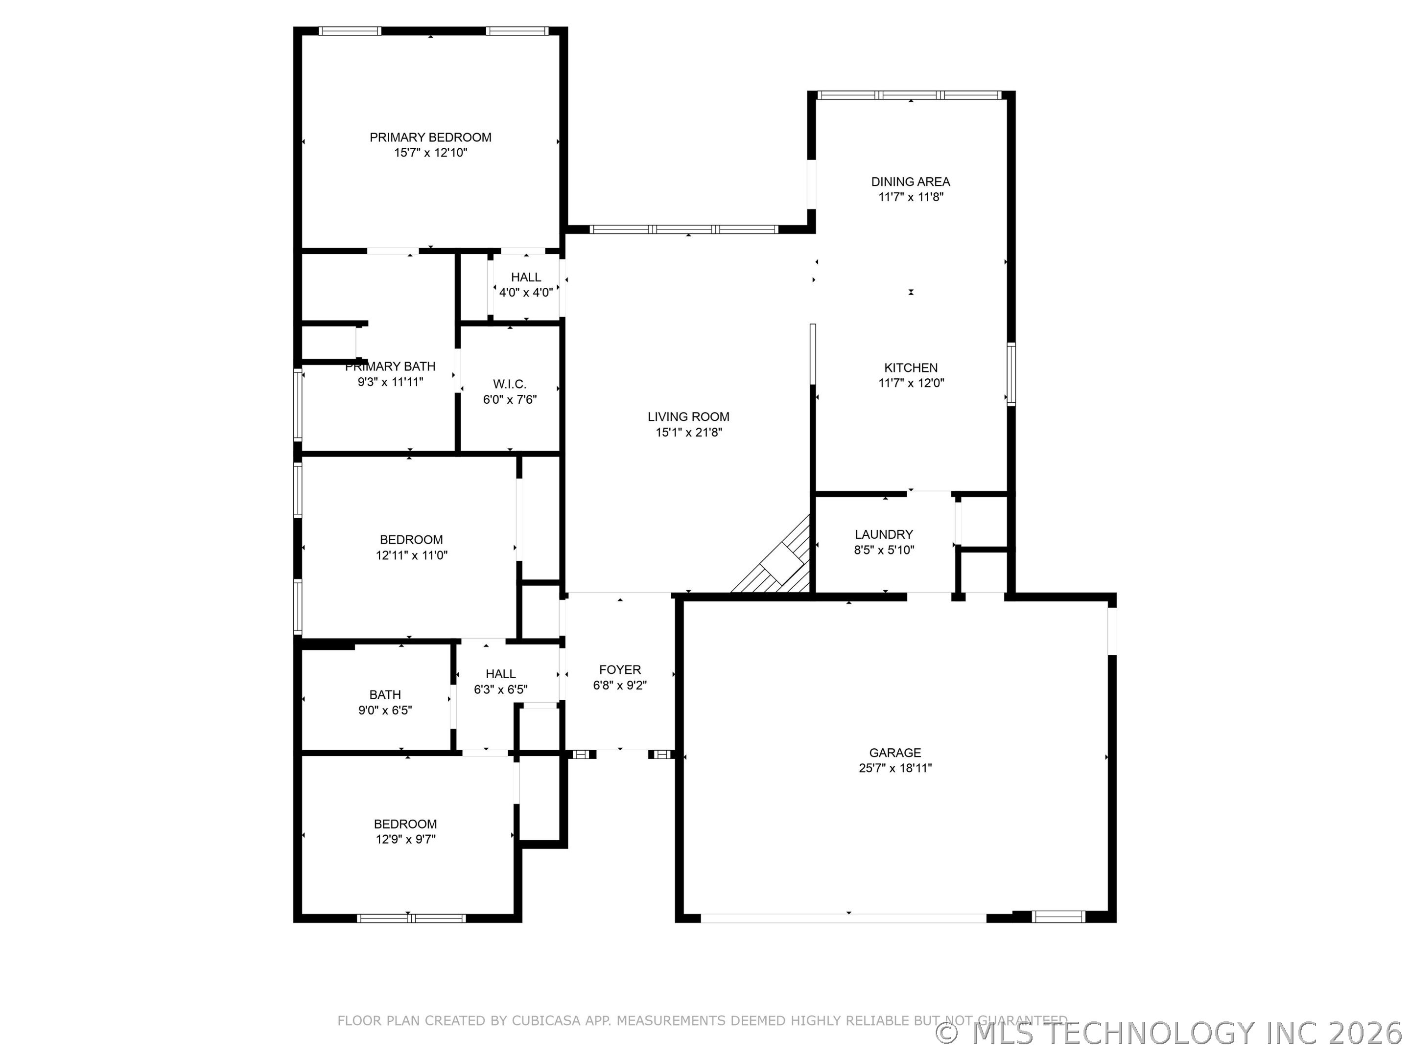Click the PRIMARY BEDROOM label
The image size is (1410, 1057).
point(430,137)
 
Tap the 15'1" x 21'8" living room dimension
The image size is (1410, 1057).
point(688,432)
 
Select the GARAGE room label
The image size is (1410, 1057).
point(895,753)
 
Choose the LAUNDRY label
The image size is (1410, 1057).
point(884,534)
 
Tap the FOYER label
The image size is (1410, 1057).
point(620,669)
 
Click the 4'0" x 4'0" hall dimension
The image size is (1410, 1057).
point(526,293)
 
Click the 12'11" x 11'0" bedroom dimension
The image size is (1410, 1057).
point(411,555)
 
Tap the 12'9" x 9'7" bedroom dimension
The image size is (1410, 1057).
point(405,839)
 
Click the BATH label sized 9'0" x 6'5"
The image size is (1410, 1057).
point(385,694)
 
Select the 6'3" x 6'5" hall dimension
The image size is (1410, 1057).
point(500,689)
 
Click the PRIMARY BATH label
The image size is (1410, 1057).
point(390,367)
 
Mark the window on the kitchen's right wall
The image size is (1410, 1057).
point(1011,374)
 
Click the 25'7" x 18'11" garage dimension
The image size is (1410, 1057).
point(895,768)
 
